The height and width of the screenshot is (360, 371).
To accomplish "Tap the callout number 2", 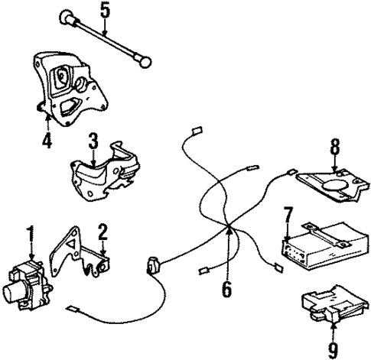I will tap(103, 230).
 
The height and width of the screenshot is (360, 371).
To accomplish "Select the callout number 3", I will tap(93, 141).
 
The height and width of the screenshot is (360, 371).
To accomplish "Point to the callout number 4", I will tap(47, 141).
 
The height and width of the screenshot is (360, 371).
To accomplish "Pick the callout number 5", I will tap(105, 10).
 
